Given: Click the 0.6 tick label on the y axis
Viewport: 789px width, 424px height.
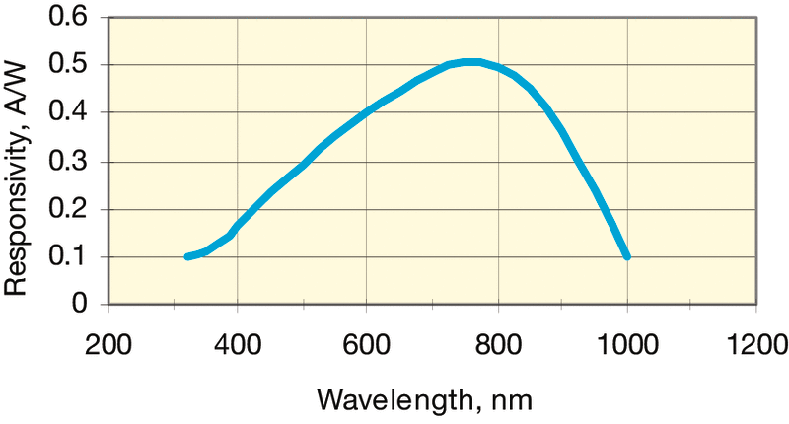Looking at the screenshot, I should coord(68,18).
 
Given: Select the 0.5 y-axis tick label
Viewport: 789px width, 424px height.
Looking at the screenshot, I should coord(68,65).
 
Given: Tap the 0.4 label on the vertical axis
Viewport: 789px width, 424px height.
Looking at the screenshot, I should coord(68,113).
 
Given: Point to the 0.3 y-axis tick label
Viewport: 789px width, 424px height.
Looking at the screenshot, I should coord(68,162).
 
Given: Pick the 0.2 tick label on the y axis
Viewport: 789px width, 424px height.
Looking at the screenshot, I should coord(68,209).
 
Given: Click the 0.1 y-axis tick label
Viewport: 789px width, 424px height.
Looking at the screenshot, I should coord(68,257).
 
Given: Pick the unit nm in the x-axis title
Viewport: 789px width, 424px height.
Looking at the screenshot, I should coord(516,398).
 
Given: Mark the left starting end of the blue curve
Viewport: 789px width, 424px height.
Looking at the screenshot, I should coord(186,256).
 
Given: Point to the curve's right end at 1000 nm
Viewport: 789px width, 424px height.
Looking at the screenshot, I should coord(626,256).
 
